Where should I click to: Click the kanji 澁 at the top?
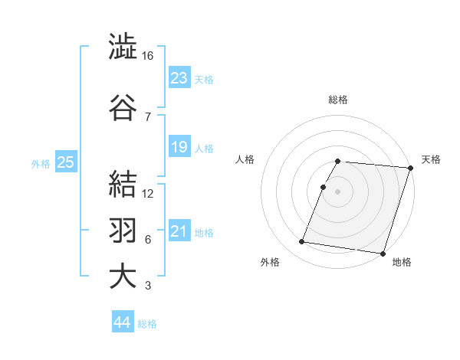[123, 48]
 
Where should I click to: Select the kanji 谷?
[123, 107]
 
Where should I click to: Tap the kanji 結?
[123, 185]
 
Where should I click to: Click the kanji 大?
[123, 277]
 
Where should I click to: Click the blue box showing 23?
[179, 77]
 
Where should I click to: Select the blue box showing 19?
[179, 147]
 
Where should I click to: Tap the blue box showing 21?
[179, 232]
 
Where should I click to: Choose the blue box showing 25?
[65, 162]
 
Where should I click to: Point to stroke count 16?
[148, 56]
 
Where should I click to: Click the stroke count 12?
[148, 194]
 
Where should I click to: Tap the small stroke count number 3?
[147, 286]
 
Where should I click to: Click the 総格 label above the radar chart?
[338, 100]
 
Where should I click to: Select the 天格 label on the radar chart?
[431, 159]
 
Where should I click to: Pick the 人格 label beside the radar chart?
[245, 159]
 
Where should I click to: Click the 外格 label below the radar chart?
[270, 262]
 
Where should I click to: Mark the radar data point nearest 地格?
[383, 253]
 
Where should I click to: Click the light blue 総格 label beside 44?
[147, 324]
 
